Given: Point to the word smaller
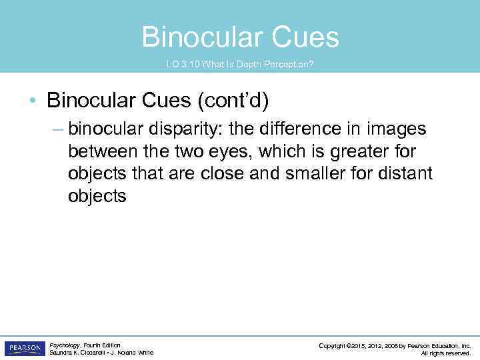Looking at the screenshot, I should [316, 174].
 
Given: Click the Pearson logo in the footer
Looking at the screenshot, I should [24, 348].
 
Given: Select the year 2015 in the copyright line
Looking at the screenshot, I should [359, 345].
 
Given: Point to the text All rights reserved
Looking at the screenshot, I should [446, 353].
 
